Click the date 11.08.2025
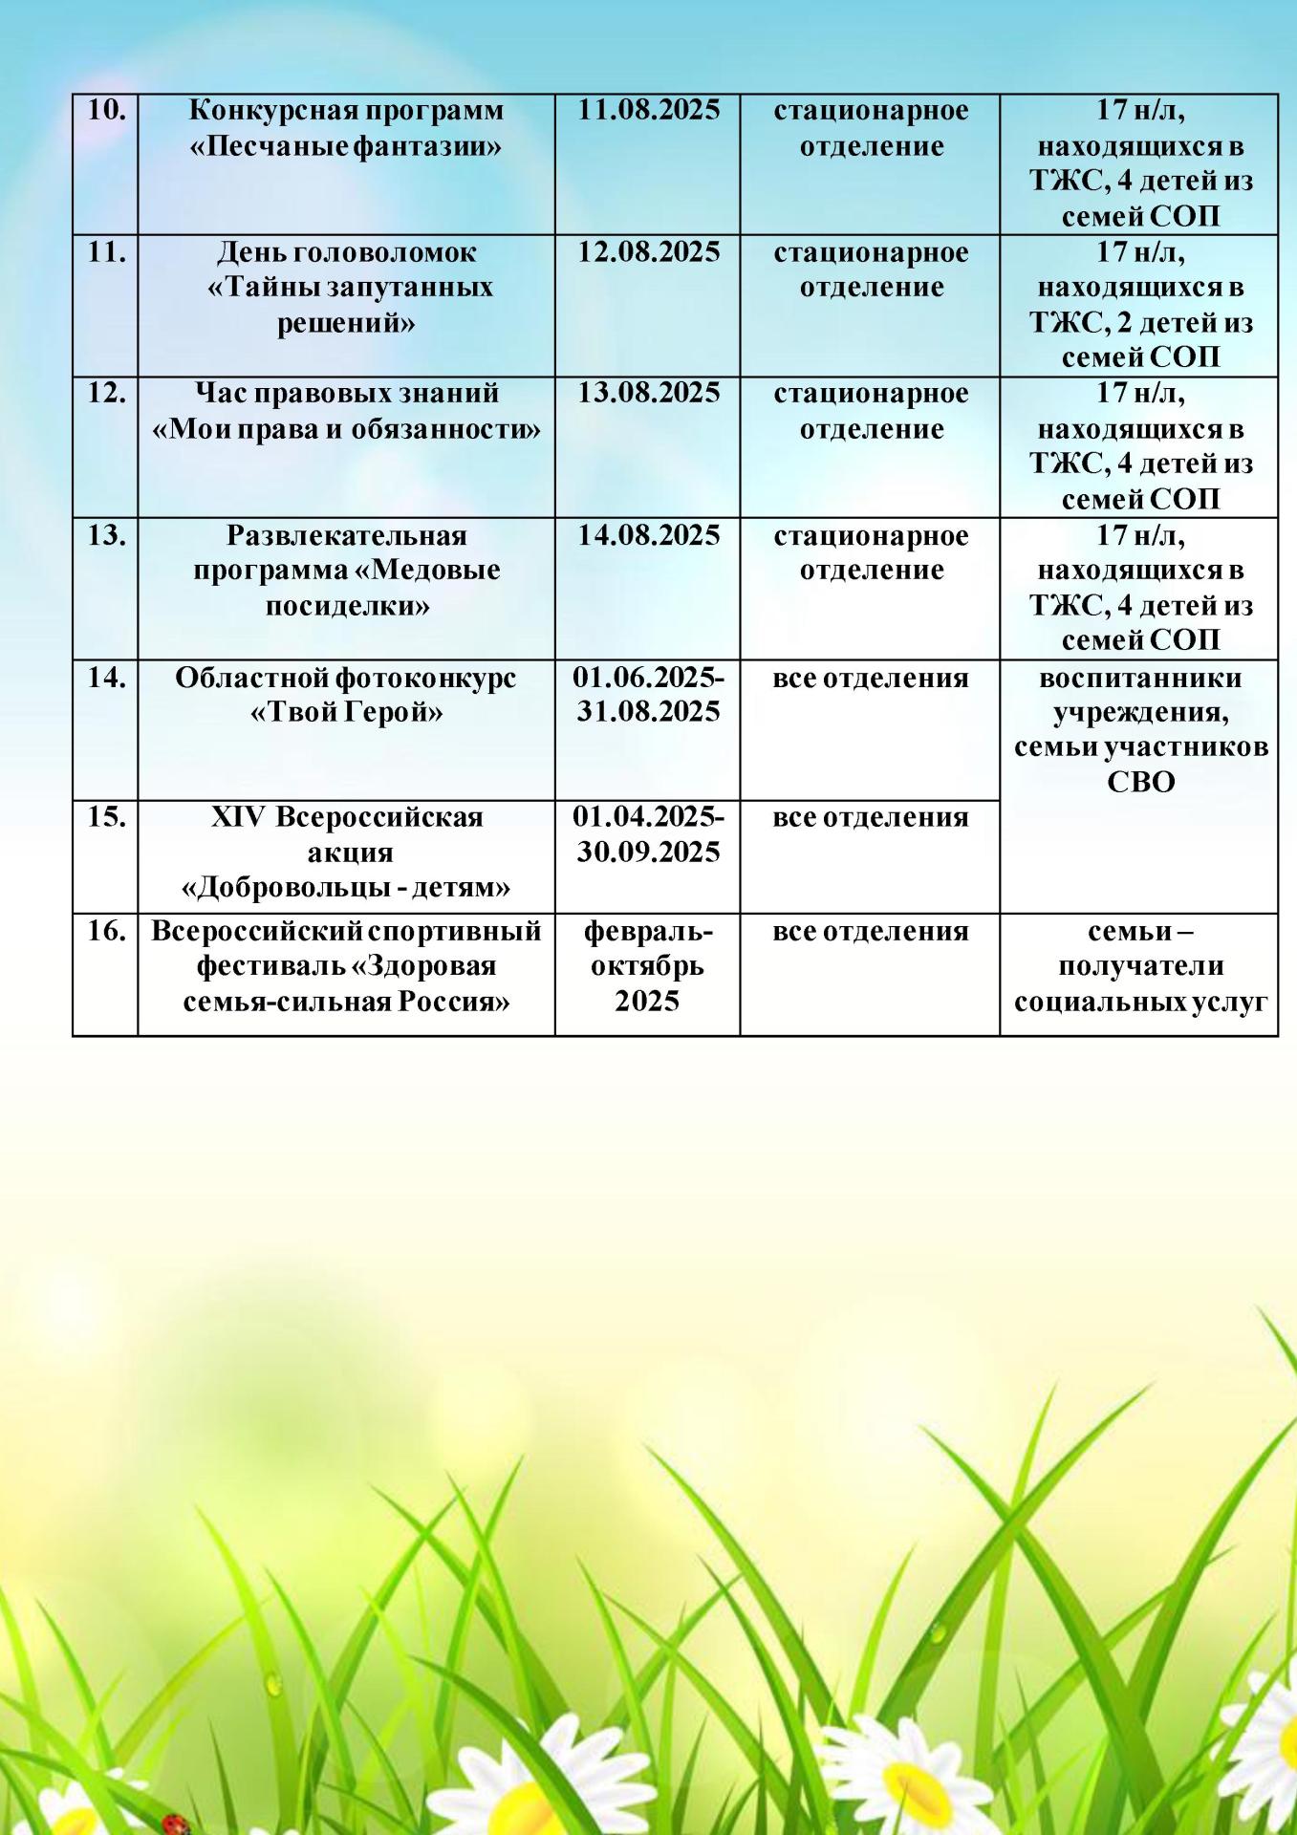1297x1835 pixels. pos(648,111)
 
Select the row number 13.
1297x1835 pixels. pos(106,535)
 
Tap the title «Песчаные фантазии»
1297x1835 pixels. pos(346,147)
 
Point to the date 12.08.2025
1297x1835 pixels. pos(648,252)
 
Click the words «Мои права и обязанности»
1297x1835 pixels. pos(346,429)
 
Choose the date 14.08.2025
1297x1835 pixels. pos(648,535)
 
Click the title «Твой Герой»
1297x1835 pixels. pos(346,713)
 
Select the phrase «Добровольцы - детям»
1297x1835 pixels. pos(346,888)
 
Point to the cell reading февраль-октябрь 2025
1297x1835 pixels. pos(647,966)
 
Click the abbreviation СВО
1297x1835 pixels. pos(1140,782)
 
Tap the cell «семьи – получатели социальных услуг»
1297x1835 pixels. pos(1140,966)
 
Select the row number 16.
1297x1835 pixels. pos(106,931)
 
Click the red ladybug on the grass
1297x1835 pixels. pos(172,1823)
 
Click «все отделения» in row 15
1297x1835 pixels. pos(870,818)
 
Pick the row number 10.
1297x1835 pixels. pos(106,111)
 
